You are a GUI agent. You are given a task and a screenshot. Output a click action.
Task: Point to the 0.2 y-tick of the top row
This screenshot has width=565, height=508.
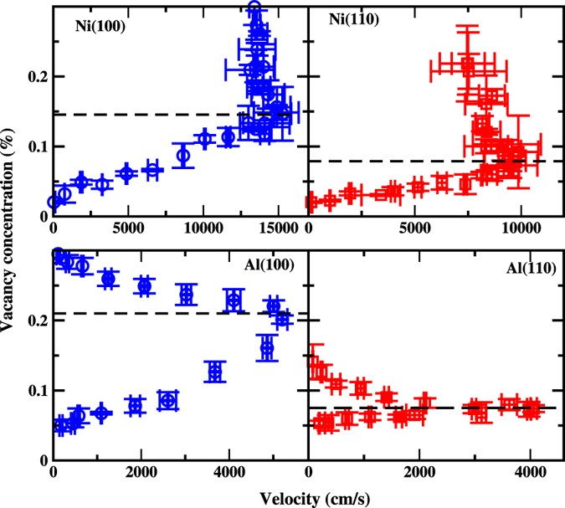click(x=35, y=77)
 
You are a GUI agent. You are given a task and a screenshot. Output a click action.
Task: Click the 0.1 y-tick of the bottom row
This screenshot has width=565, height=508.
click(x=35, y=391)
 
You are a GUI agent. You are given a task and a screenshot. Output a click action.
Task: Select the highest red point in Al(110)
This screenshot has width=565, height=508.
click(x=316, y=365)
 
